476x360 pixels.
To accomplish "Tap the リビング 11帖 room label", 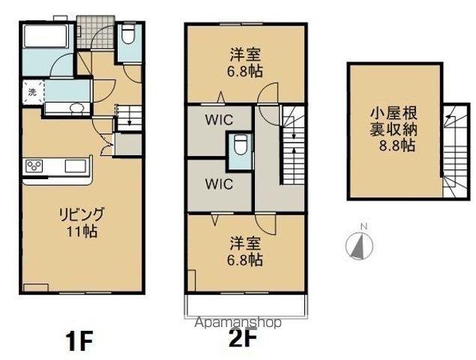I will pyautogui.click(x=82, y=219).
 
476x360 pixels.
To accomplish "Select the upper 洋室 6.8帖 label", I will pyautogui.click(x=245, y=61).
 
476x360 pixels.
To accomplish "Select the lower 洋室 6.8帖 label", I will pyautogui.click(x=245, y=251).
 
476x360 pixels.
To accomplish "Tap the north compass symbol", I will pyautogui.click(x=359, y=244).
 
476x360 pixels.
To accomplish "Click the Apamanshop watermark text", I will pyautogui.click(x=237, y=323).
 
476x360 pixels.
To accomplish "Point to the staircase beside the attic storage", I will pyautogui.click(x=453, y=150).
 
